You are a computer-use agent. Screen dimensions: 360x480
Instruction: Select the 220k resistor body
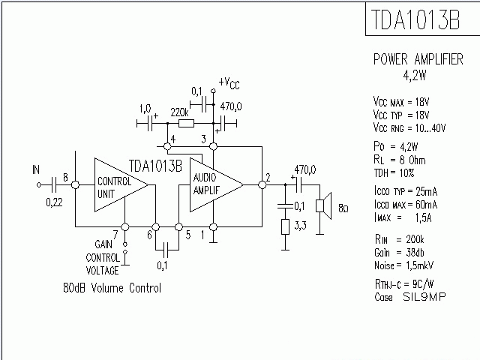pos(186,123)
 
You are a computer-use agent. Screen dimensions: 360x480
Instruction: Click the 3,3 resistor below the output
pos(285,227)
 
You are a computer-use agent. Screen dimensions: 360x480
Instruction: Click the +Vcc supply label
pos(229,82)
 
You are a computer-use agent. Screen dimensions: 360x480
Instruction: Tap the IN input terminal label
pos(35,170)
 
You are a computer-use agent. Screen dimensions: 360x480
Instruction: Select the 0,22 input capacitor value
pos(54,202)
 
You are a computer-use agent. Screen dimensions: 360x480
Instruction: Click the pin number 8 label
pos(66,178)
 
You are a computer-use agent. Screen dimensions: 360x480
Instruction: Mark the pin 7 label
pos(114,235)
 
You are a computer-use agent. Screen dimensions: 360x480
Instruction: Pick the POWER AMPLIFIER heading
pos(418,59)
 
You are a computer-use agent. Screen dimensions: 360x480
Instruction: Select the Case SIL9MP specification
pos(410,297)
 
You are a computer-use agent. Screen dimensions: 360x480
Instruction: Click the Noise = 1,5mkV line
pos(404,265)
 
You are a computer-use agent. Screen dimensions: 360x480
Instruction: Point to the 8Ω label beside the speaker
pos(343,207)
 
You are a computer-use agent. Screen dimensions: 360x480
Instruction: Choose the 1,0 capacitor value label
pos(145,108)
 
